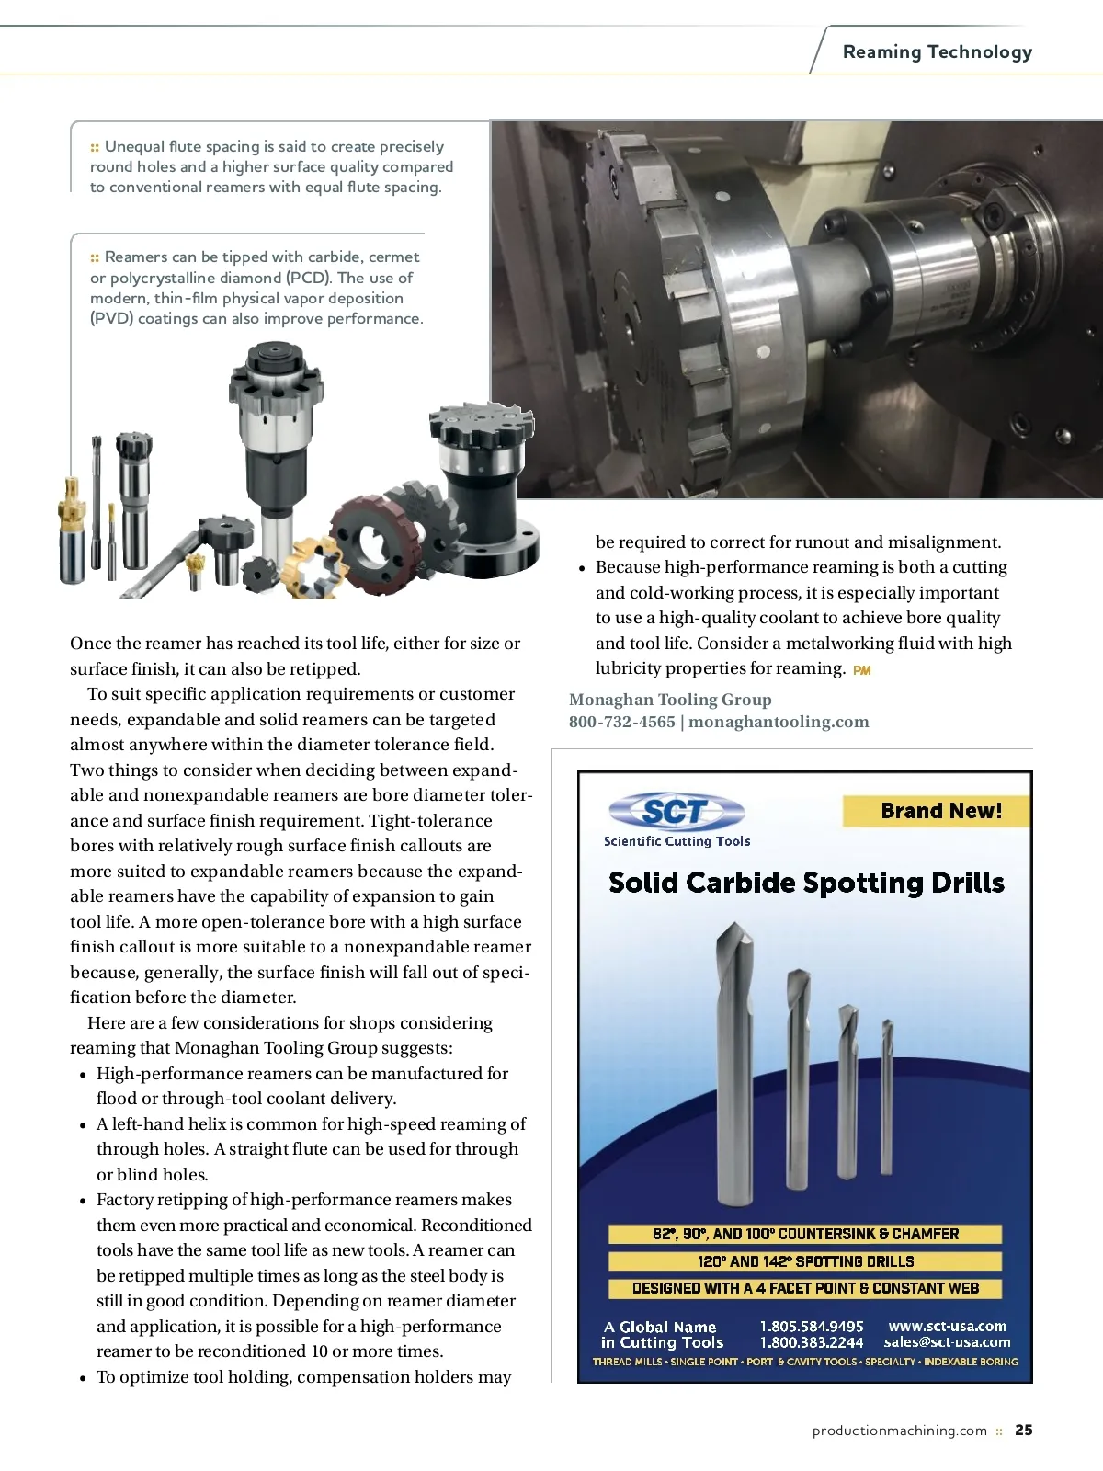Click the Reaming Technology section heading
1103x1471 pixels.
(x=937, y=52)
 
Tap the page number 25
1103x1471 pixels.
(x=1023, y=1430)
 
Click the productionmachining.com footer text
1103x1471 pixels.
(x=899, y=1431)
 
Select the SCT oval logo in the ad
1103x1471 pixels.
(x=676, y=812)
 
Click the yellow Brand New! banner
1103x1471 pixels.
(x=937, y=811)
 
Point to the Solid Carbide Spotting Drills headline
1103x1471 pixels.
(x=806, y=883)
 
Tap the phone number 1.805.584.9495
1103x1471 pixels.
(x=811, y=1326)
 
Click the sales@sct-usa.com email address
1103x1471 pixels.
(x=947, y=1342)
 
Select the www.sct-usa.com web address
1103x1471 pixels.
(x=947, y=1326)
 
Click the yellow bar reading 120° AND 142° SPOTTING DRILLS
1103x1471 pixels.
(x=805, y=1261)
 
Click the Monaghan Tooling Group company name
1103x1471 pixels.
(x=670, y=700)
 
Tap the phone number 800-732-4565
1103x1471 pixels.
(x=621, y=722)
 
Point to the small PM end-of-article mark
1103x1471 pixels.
(x=861, y=670)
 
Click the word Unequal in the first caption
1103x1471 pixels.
(x=134, y=146)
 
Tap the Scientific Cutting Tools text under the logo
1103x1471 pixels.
(x=677, y=841)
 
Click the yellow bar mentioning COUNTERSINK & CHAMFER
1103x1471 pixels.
(x=805, y=1234)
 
